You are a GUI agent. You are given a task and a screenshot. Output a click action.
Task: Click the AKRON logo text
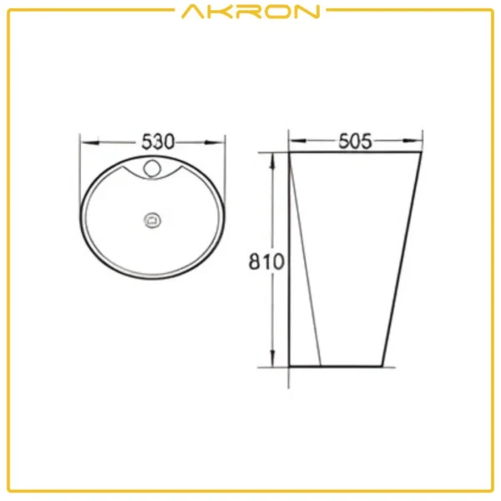point(250,12)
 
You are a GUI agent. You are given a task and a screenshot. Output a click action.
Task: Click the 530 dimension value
point(154,142)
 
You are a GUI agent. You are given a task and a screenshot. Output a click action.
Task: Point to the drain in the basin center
point(153,220)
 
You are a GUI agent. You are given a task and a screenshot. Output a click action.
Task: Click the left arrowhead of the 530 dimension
point(84,142)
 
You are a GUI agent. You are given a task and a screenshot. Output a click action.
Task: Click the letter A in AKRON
point(190,12)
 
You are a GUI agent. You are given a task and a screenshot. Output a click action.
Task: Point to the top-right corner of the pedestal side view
point(420,153)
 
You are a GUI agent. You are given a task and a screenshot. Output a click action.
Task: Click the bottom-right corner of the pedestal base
point(383,366)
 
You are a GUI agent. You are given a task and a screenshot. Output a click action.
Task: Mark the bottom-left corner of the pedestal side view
point(289,366)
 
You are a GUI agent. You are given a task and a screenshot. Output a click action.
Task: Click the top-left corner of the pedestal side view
point(289,153)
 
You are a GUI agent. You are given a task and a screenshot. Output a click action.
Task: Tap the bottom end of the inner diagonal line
point(321,366)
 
